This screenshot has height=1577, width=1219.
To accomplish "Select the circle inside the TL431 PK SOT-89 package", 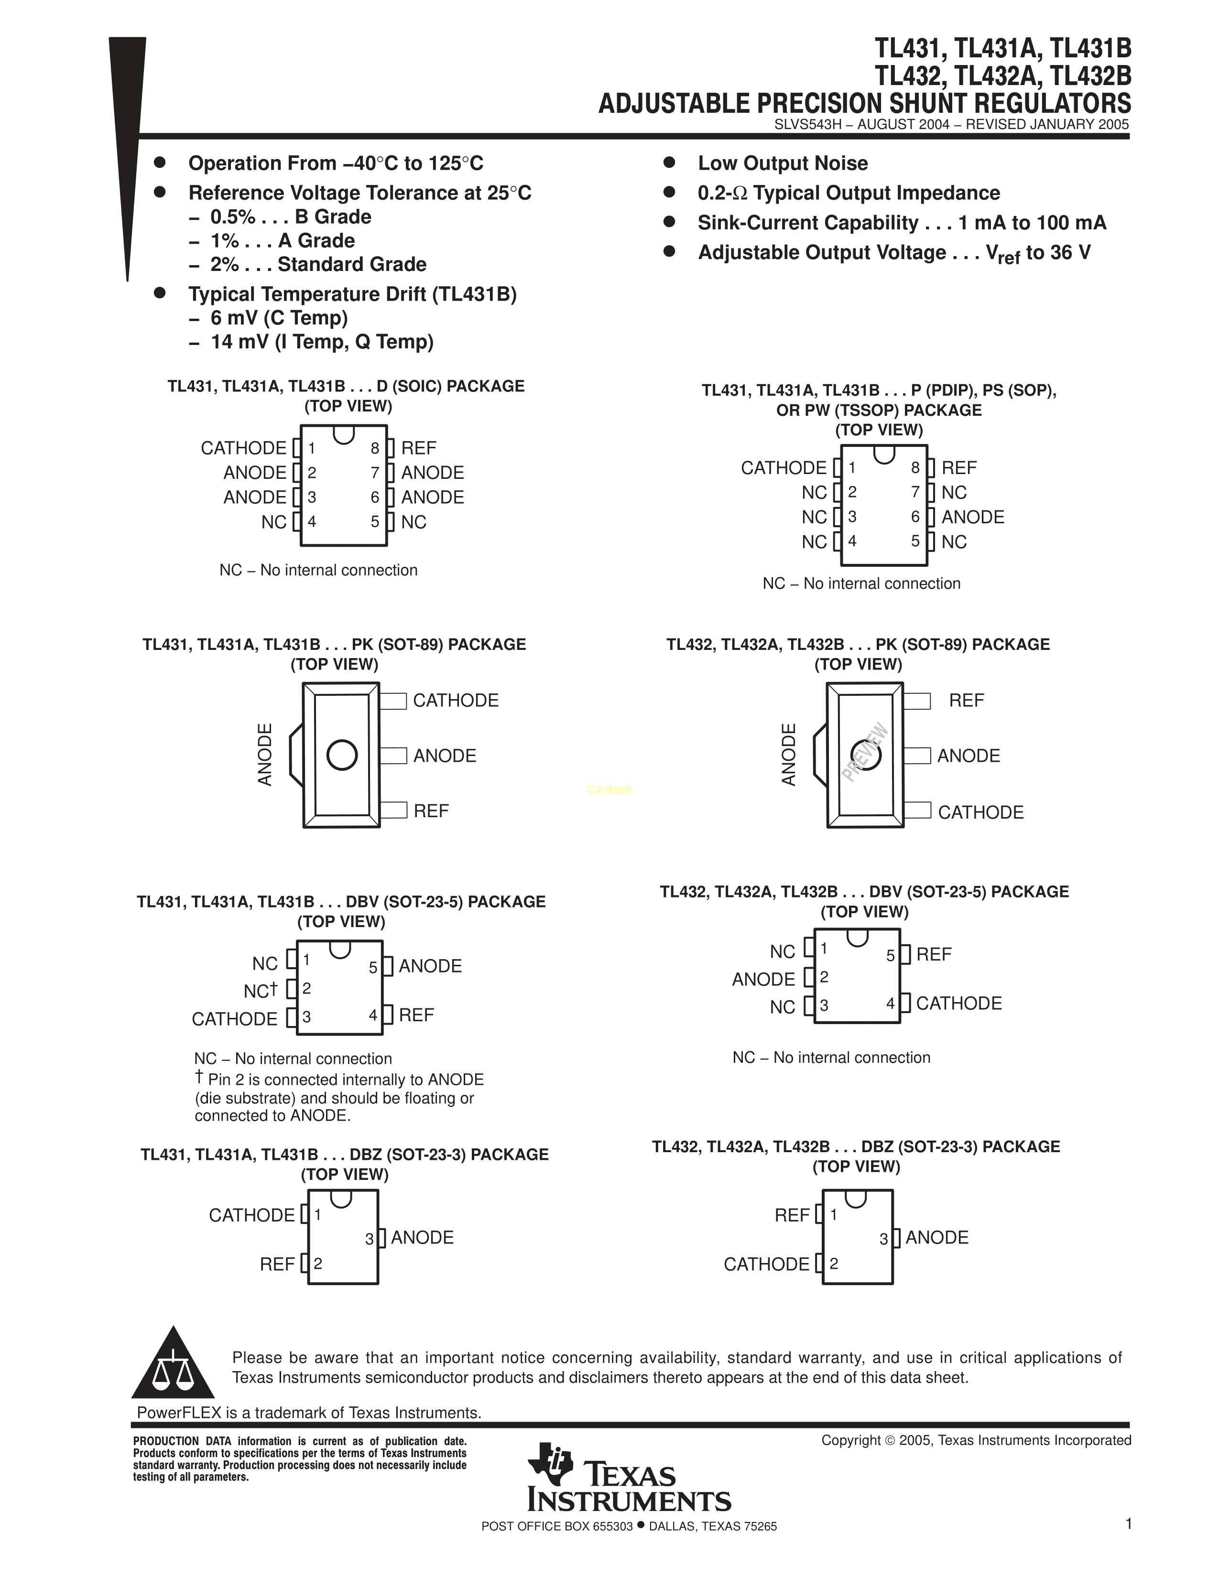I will (342, 755).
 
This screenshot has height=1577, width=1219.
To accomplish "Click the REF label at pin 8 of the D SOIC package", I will (419, 448).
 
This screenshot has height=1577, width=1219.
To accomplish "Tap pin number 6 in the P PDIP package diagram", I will (915, 517).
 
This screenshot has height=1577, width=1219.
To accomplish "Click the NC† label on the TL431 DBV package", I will (261, 991).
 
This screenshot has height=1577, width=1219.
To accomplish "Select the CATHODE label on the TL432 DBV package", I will (959, 1004).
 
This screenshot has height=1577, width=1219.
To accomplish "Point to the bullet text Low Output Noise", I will (783, 163).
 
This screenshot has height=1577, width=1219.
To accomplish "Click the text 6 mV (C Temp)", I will (279, 318).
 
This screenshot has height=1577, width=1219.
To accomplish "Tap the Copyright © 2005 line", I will (976, 1440).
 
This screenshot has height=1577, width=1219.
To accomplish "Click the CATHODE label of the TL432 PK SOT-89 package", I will (980, 812).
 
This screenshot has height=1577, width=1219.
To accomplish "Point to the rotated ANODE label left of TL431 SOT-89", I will (265, 755).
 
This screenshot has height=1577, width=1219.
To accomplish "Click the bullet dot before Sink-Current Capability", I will (669, 222).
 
